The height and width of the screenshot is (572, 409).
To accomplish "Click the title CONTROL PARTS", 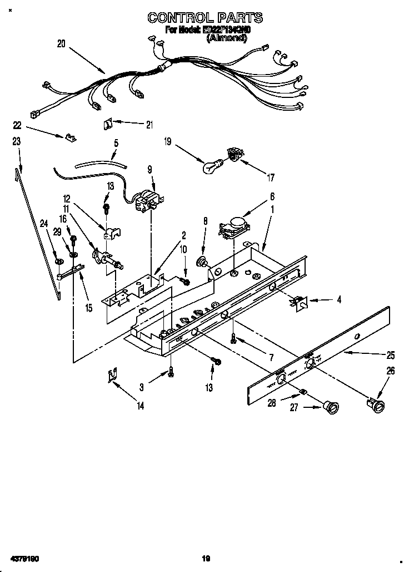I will (x=205, y=18).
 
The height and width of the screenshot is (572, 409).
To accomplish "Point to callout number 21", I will (x=149, y=125).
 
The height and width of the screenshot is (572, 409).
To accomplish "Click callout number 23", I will (x=17, y=142).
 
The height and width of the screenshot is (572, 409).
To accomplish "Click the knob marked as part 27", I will (x=332, y=408).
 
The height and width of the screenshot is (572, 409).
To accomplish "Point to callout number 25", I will (x=391, y=354).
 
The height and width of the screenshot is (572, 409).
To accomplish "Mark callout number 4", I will (x=339, y=299).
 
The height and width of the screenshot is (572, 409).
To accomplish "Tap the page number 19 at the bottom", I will (x=205, y=558).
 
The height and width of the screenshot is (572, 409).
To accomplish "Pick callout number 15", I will (x=89, y=307).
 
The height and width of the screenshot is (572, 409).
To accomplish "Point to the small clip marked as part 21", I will (x=109, y=124).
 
